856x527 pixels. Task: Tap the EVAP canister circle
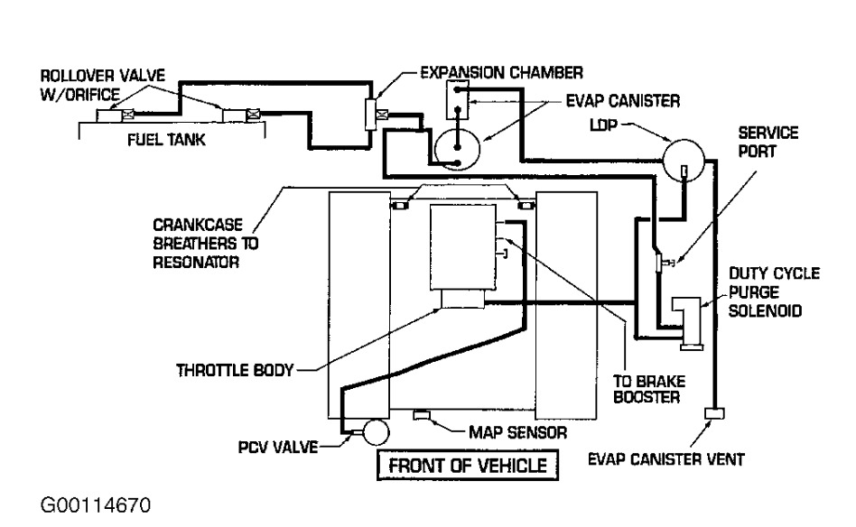459,147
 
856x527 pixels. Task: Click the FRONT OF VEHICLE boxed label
468,466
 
